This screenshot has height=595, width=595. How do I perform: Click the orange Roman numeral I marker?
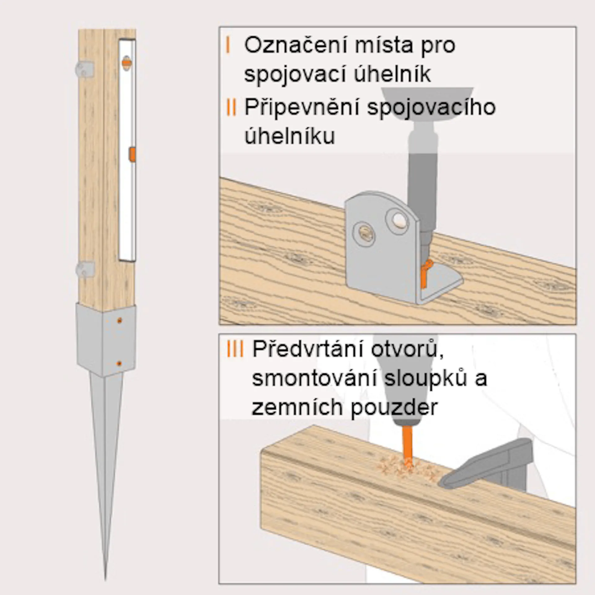(x=228, y=45)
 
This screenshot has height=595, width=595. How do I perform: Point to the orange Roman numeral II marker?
(x=231, y=107)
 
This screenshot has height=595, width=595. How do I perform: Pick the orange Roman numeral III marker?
(x=235, y=349)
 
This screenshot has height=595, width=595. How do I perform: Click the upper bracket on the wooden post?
(x=85, y=69)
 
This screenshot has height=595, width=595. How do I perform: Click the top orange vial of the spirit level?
(x=126, y=62)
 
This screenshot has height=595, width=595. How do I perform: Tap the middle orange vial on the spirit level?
(x=132, y=155)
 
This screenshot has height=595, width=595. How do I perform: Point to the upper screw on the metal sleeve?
(x=119, y=321)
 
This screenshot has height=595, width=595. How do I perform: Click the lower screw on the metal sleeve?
(x=119, y=364)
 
